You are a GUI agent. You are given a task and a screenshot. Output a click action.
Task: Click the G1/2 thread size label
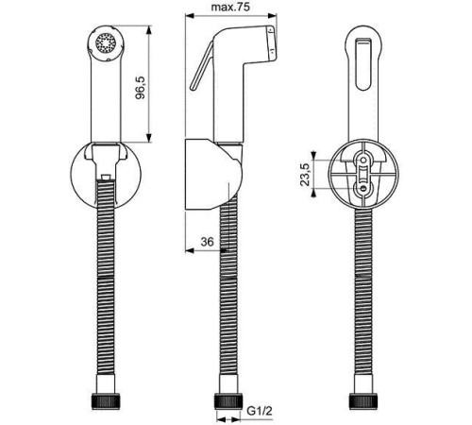tap(260, 411)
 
